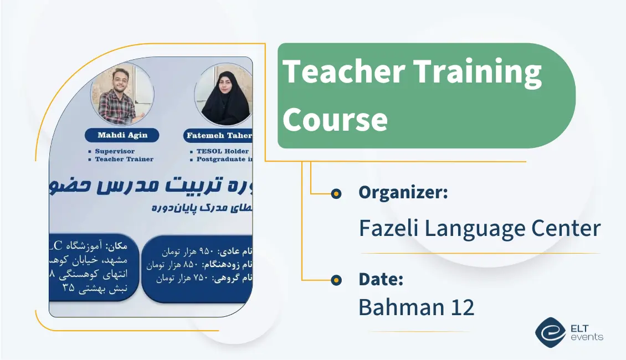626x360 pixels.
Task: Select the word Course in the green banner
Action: [335, 119]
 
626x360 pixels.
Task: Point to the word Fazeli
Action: [388, 228]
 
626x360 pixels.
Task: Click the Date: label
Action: [381, 280]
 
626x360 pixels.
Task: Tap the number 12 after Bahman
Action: [460, 307]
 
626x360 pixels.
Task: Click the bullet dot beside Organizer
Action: [336, 193]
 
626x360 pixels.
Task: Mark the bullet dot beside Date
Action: [336, 280]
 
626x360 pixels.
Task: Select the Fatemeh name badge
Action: [219, 136]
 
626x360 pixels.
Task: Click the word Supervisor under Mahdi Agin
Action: [115, 151]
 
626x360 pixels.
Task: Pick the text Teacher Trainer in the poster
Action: [124, 160]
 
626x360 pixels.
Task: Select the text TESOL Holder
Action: [222, 151]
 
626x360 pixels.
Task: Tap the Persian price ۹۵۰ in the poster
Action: [207, 251]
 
